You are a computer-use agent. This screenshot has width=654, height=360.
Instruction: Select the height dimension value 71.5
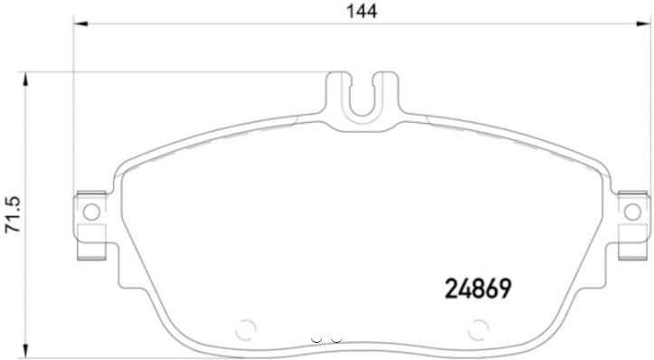pyautogui.click(x=12, y=213)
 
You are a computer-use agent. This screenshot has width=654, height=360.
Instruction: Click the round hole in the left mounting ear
pyautogui.click(x=90, y=213)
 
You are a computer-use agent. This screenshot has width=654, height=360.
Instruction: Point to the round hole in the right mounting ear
pyautogui.click(x=631, y=213)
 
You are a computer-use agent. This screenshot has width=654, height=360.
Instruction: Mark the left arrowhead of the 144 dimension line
pyautogui.click(x=80, y=27)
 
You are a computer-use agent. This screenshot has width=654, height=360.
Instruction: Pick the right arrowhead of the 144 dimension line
pyautogui.click(x=642, y=27)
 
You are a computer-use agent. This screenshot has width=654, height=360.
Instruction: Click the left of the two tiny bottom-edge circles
pyautogui.click(x=316, y=339)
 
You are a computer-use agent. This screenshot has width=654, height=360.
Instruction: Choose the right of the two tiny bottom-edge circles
pyautogui.click(x=335, y=339)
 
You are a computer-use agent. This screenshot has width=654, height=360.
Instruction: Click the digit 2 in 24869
pyautogui.click(x=452, y=289)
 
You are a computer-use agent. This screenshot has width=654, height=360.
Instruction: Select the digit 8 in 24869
pyautogui.click(x=479, y=289)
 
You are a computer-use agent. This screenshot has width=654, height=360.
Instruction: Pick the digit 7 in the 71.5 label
pyautogui.click(x=12, y=229)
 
